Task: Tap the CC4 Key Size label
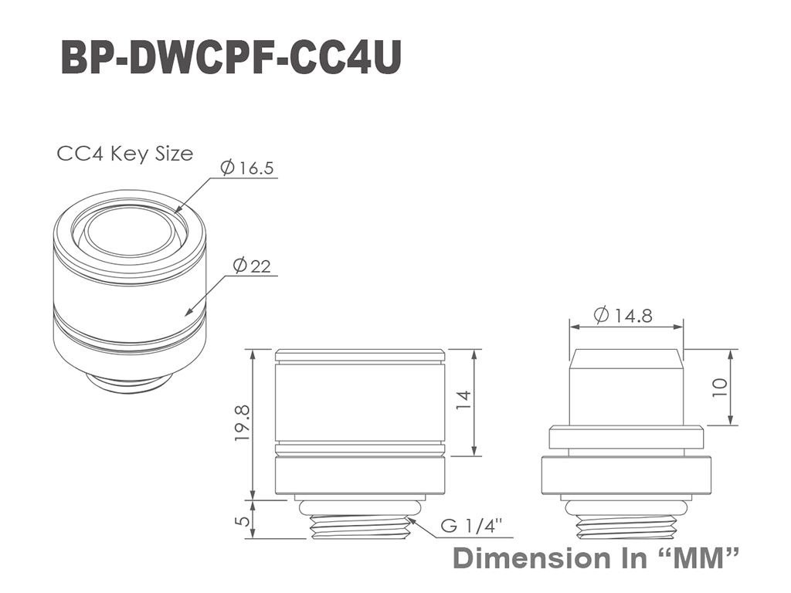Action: coord(124,154)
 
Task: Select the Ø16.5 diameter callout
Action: coord(247,168)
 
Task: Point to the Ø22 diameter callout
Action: coord(252,266)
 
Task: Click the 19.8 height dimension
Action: coord(243,424)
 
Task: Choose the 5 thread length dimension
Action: coord(243,520)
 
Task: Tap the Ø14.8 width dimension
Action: coord(623,316)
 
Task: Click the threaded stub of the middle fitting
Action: coord(360,527)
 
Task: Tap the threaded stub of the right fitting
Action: coord(626,527)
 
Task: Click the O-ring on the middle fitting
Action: coord(360,508)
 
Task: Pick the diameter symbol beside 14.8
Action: coord(601,316)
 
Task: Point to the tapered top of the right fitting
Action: coord(626,358)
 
